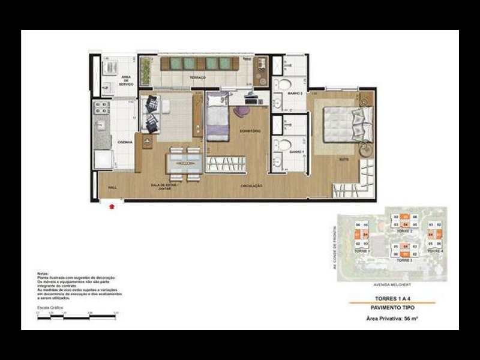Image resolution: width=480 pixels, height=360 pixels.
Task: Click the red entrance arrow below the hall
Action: (x=112, y=207)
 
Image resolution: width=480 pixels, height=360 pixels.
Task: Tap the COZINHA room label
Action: (x=125, y=142)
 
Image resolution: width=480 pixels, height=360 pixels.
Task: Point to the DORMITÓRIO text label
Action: (x=248, y=130)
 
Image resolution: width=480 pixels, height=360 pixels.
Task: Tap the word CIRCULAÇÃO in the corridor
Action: (x=251, y=187)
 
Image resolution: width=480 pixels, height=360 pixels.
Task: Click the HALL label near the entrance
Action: (x=112, y=187)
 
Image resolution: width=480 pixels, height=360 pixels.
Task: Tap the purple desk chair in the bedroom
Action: (x=241, y=113)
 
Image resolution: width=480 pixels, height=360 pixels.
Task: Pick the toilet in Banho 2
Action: (x=286, y=84)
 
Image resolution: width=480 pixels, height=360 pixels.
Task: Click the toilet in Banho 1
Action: (x=286, y=145)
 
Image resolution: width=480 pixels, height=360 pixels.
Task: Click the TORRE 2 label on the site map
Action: (x=406, y=230)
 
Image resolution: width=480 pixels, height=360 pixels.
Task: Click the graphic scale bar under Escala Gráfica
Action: (x=76, y=316)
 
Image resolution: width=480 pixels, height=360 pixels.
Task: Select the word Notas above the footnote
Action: (x=43, y=274)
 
